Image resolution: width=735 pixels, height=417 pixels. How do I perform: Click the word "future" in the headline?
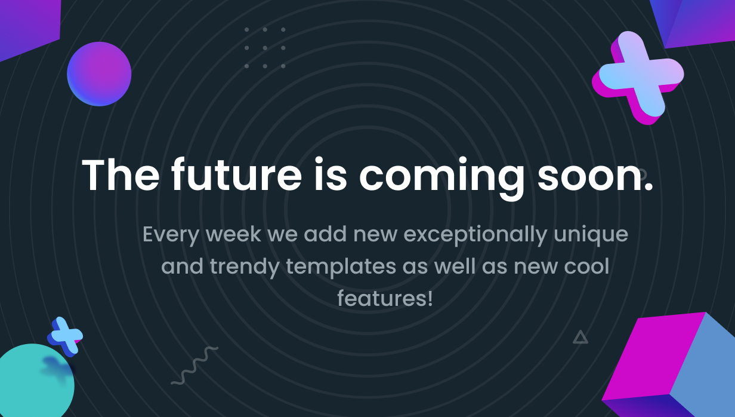point(236,174)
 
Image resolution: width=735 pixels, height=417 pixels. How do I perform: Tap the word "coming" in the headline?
point(441,178)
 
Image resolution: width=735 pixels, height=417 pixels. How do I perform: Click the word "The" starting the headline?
point(121,174)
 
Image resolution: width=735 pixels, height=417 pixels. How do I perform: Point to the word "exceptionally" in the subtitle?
point(475,235)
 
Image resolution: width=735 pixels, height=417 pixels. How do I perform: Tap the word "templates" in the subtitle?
point(341,267)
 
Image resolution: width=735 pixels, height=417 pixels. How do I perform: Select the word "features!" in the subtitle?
point(385,298)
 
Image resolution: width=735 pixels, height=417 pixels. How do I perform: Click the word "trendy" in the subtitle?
point(245,267)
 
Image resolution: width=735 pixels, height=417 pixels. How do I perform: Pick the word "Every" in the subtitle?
point(171,235)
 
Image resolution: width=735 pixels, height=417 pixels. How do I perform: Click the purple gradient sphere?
point(99,74)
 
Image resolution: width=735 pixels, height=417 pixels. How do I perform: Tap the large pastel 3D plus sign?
point(638,77)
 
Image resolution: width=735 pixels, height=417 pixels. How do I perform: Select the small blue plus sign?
point(65,336)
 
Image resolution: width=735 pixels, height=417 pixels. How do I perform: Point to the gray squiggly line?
point(194,366)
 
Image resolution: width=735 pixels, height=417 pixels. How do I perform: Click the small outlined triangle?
point(580,338)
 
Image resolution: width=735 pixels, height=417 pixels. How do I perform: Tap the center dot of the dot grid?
point(265,48)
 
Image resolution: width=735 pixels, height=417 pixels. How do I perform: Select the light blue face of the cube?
point(705,368)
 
